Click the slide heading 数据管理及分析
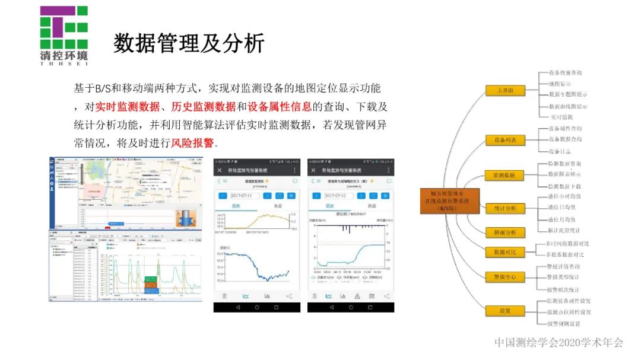(x=189, y=43)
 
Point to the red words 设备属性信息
(x=280, y=107)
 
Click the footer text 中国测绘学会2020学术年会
(x=559, y=342)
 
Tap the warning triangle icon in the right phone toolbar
(x=357, y=296)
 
